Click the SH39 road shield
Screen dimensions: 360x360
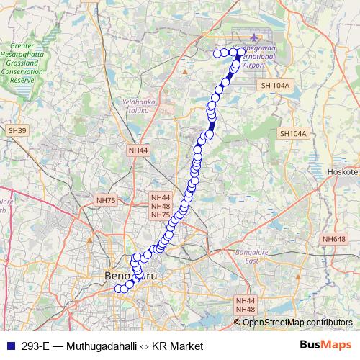click(x=17, y=130)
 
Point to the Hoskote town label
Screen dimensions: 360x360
click(x=341, y=172)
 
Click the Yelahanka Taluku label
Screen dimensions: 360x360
click(x=141, y=105)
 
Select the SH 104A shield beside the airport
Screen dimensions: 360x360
click(x=275, y=85)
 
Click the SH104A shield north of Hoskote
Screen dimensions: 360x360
click(x=293, y=134)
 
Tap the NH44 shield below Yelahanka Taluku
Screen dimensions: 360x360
click(x=138, y=150)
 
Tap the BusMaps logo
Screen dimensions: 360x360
click(x=326, y=345)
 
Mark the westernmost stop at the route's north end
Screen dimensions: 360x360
click(x=217, y=53)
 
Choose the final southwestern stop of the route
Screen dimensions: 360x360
click(x=118, y=289)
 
